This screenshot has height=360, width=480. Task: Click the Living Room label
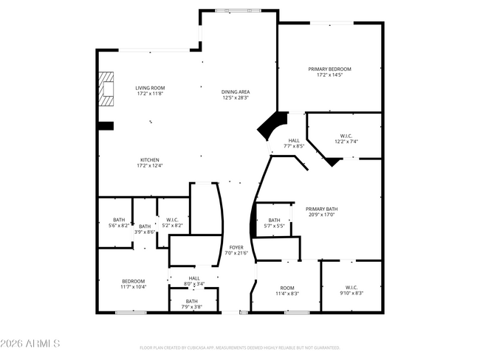(x=149, y=91)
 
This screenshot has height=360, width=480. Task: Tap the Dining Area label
(x=236, y=94)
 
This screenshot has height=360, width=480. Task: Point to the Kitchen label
(x=149, y=162)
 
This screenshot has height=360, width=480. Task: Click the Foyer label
(x=236, y=250)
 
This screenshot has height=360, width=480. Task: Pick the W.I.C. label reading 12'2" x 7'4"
(x=346, y=138)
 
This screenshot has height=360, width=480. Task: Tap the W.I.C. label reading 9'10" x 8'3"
(x=351, y=290)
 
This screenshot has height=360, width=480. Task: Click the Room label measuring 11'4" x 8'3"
(x=287, y=290)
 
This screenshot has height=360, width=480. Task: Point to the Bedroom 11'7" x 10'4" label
(x=134, y=283)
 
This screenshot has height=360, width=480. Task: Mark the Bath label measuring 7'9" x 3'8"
(x=192, y=304)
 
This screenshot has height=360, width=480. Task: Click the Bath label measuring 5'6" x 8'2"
(x=119, y=221)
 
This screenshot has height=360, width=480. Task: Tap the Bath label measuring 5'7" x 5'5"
(x=274, y=223)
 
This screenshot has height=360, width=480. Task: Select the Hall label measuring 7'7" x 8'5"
(x=294, y=143)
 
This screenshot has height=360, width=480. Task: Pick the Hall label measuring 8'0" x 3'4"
(x=194, y=280)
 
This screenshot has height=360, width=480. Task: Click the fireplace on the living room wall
(x=108, y=86)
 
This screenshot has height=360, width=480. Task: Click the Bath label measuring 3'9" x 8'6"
(x=145, y=229)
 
